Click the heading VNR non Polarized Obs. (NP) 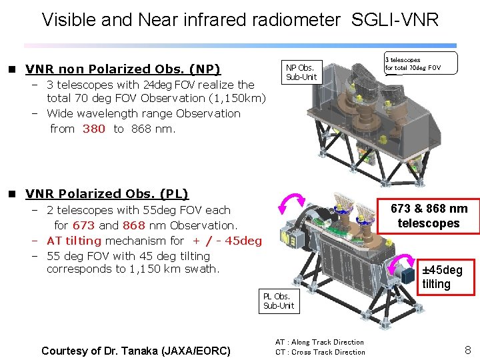point(123,69)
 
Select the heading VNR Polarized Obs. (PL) point(107,194)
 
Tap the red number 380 point(93,129)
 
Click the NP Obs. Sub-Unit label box point(300,72)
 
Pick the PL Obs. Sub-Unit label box point(278,301)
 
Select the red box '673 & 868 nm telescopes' point(429,216)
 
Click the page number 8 point(467,349)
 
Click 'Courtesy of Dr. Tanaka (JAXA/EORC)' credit point(135,351)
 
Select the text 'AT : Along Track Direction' point(320,342)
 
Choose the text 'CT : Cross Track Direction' point(321,352)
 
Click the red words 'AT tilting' point(74,241)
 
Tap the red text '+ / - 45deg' point(227,241)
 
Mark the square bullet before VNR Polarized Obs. point(11,194)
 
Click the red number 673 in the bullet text point(83,225)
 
